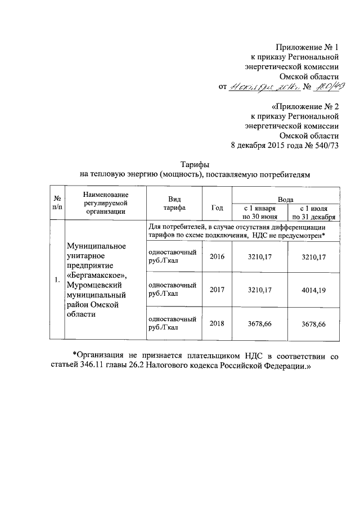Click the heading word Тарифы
click(195, 164)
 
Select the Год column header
click(217, 207)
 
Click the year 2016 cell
click(217, 257)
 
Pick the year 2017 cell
click(217, 290)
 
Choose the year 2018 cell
click(217, 325)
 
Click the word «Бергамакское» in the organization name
click(97, 275)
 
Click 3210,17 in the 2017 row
click(259, 290)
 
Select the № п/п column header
click(57, 203)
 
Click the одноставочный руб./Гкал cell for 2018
click(172, 324)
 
